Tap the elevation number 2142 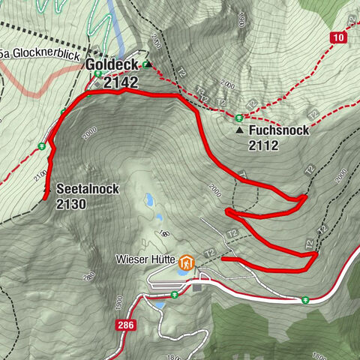[121, 82]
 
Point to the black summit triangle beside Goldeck [148, 65]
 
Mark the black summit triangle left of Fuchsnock [239, 130]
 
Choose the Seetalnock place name [87, 189]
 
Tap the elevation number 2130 [72, 203]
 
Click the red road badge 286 [126, 325]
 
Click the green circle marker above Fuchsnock [239, 116]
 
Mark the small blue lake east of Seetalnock [150, 200]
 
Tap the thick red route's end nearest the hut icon [223, 259]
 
